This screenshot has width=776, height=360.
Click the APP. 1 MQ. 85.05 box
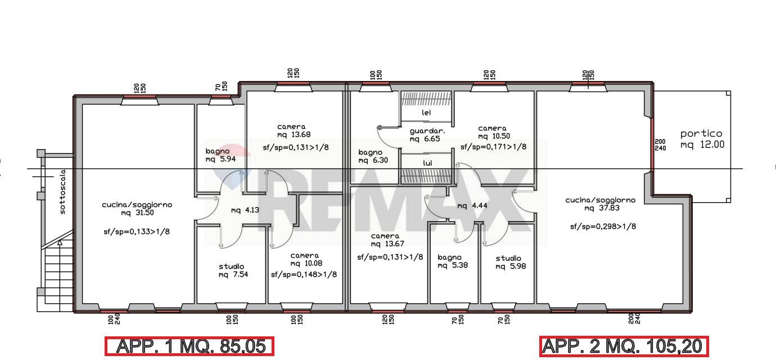point(189,346)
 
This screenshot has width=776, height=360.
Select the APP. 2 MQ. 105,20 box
point(624,346)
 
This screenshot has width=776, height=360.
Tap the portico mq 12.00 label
point(702,139)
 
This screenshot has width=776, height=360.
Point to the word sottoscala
point(62,192)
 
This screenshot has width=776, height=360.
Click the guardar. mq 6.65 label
point(427,135)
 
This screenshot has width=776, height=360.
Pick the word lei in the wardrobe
point(426,112)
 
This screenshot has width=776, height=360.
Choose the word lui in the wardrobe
point(427,163)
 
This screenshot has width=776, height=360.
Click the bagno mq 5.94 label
point(220,155)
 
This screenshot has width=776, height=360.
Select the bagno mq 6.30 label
point(373,156)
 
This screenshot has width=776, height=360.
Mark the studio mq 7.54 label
point(233,270)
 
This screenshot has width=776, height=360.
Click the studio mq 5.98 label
point(510,262)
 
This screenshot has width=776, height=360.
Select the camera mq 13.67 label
point(387,240)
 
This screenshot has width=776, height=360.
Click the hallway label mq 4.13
point(245,210)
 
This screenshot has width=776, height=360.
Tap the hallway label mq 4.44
point(472,206)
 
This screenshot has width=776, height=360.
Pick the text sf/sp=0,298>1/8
point(603,227)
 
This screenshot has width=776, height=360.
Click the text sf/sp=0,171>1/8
point(493,147)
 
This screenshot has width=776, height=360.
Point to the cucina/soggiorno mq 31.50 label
point(137,209)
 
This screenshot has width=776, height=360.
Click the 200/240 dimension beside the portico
point(660,145)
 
